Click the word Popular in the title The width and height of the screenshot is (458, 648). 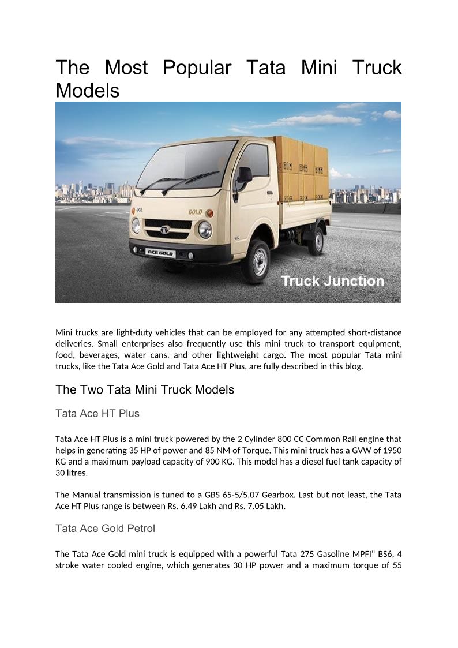tap(197, 68)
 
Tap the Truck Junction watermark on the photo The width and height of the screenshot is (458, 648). tap(332, 281)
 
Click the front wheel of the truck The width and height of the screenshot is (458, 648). tap(256, 262)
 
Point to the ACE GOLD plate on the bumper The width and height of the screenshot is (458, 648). tap(160, 252)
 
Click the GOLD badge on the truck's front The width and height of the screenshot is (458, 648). tap(195, 212)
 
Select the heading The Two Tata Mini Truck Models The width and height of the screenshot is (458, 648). tap(145, 389)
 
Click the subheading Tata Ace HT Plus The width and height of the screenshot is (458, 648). tap(97, 413)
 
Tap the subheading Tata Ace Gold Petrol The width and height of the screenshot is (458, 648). tap(105, 528)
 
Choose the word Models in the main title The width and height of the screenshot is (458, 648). tap(87, 91)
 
